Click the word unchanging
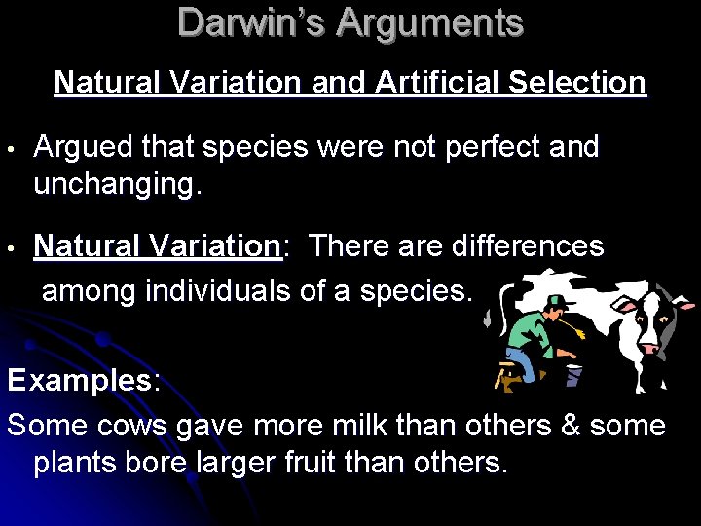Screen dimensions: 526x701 (x=118, y=184)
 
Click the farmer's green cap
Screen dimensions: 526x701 (x=556, y=301)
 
